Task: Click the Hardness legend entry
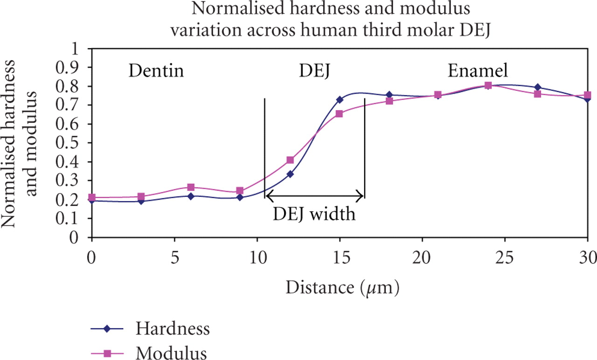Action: (173, 329)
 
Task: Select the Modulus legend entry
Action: (171, 353)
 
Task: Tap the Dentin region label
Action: (156, 71)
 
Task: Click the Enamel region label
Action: (478, 71)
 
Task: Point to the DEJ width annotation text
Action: (314, 215)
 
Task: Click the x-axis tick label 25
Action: (505, 256)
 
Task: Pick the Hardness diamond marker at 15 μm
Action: (340, 100)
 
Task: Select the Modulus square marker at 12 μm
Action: (290, 160)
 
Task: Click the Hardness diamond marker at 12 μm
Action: (290, 174)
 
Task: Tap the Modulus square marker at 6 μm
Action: (191, 187)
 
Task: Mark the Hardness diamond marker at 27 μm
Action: (538, 87)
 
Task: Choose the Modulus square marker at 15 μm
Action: (340, 114)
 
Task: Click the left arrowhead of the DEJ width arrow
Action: (268, 196)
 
